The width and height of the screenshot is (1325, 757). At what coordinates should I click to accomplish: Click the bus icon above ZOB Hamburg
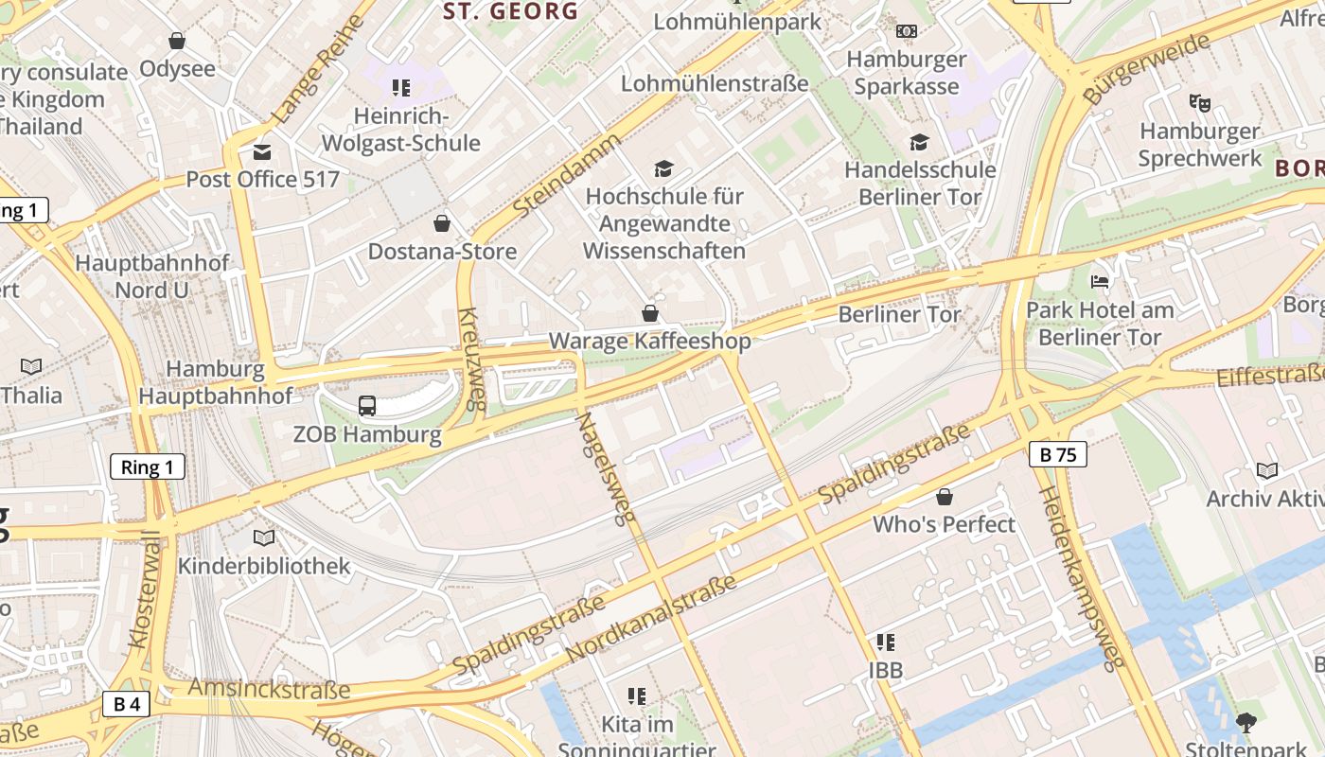(367, 406)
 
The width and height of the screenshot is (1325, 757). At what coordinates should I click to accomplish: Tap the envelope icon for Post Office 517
(262, 151)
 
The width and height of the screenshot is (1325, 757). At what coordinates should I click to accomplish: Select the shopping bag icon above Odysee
(176, 41)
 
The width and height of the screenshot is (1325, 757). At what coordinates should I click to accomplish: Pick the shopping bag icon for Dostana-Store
(441, 223)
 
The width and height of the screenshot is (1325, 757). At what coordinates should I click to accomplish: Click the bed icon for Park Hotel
(1100, 282)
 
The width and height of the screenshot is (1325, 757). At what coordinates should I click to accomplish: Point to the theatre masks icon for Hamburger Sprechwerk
(1200, 102)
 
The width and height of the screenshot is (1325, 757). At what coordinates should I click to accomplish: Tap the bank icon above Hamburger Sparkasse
(906, 31)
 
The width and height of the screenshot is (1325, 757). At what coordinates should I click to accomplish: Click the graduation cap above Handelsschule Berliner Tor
(919, 142)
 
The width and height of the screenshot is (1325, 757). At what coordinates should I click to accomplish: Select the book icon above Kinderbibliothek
(264, 537)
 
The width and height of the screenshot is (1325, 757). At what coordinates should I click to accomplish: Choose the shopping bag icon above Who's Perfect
(944, 497)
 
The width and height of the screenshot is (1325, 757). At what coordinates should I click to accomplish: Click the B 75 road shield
(1058, 454)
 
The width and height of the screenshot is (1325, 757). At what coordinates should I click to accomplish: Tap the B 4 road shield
(126, 704)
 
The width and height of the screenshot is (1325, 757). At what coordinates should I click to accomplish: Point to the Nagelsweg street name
(604, 468)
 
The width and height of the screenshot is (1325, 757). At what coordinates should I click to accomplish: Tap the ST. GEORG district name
(511, 11)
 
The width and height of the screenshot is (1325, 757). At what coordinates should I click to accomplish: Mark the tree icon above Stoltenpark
(1246, 723)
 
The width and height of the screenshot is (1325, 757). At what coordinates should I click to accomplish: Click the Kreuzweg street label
(470, 358)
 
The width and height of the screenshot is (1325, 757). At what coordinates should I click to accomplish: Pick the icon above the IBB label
(886, 643)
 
